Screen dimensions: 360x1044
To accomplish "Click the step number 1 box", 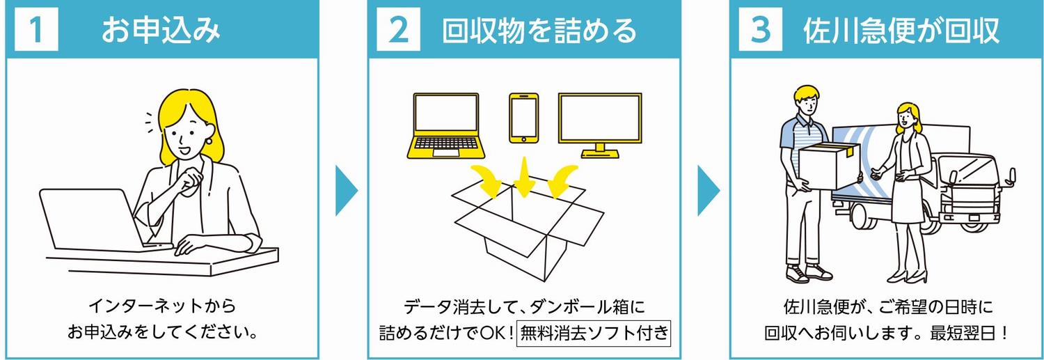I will pyautogui.click(x=36, y=31).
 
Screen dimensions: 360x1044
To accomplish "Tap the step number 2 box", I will pyautogui.click(x=398, y=31).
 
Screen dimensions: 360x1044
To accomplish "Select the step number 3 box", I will pyautogui.click(x=760, y=31).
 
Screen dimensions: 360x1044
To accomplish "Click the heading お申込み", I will pyautogui.click(x=161, y=31).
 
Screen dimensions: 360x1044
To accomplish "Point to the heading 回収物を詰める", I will pyautogui.click(x=539, y=31).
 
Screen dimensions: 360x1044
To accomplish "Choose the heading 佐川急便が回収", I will pyautogui.click(x=901, y=31).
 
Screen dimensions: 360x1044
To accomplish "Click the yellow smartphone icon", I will pyautogui.click(x=524, y=118).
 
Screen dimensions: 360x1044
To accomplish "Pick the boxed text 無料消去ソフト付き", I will pyautogui.click(x=594, y=333).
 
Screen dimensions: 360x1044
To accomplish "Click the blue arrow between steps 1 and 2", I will pyautogui.click(x=346, y=191).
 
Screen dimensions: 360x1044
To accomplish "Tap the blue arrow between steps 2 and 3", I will pyautogui.click(x=708, y=191).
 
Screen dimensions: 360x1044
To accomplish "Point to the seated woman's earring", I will pyautogui.click(x=208, y=141).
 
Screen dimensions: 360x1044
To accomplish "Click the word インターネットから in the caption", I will pyautogui.click(x=162, y=306).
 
